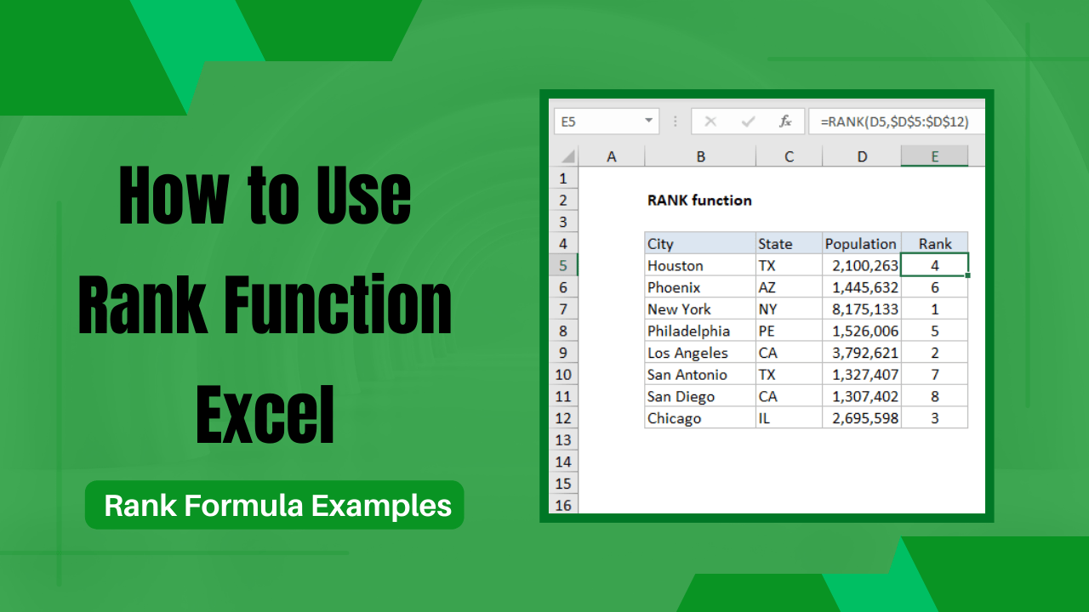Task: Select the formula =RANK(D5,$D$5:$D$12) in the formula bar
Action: pyautogui.click(x=894, y=122)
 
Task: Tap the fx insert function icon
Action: pyautogui.click(x=786, y=122)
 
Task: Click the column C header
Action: pyautogui.click(x=789, y=156)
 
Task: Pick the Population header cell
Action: pyautogui.click(x=861, y=244)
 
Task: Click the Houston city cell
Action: pyautogui.click(x=675, y=266)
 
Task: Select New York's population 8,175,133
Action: pyautogui.click(x=862, y=309)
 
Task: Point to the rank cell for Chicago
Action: pyautogui.click(x=934, y=418)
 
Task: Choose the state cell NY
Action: pyautogui.click(x=767, y=309)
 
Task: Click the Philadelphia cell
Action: pyautogui.click(x=688, y=331)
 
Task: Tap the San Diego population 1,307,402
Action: pyautogui.click(x=862, y=397)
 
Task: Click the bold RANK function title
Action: pyautogui.click(x=699, y=201)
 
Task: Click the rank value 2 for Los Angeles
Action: pyautogui.click(x=934, y=353)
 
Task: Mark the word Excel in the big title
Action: pyautogui.click(x=265, y=416)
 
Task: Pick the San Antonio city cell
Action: pyautogui.click(x=687, y=375)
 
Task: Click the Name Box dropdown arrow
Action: pyautogui.click(x=648, y=122)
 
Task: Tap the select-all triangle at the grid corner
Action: pyautogui.click(x=567, y=157)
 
